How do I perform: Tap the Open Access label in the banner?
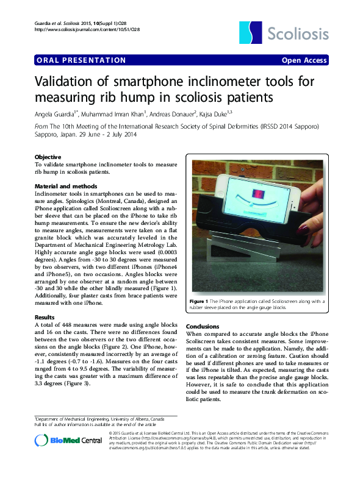point(304,60)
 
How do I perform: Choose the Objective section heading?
point(49,157)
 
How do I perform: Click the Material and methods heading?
point(66,185)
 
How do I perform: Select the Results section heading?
point(45,318)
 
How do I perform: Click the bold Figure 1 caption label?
point(199,302)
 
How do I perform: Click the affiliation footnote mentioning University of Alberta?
point(99,419)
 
